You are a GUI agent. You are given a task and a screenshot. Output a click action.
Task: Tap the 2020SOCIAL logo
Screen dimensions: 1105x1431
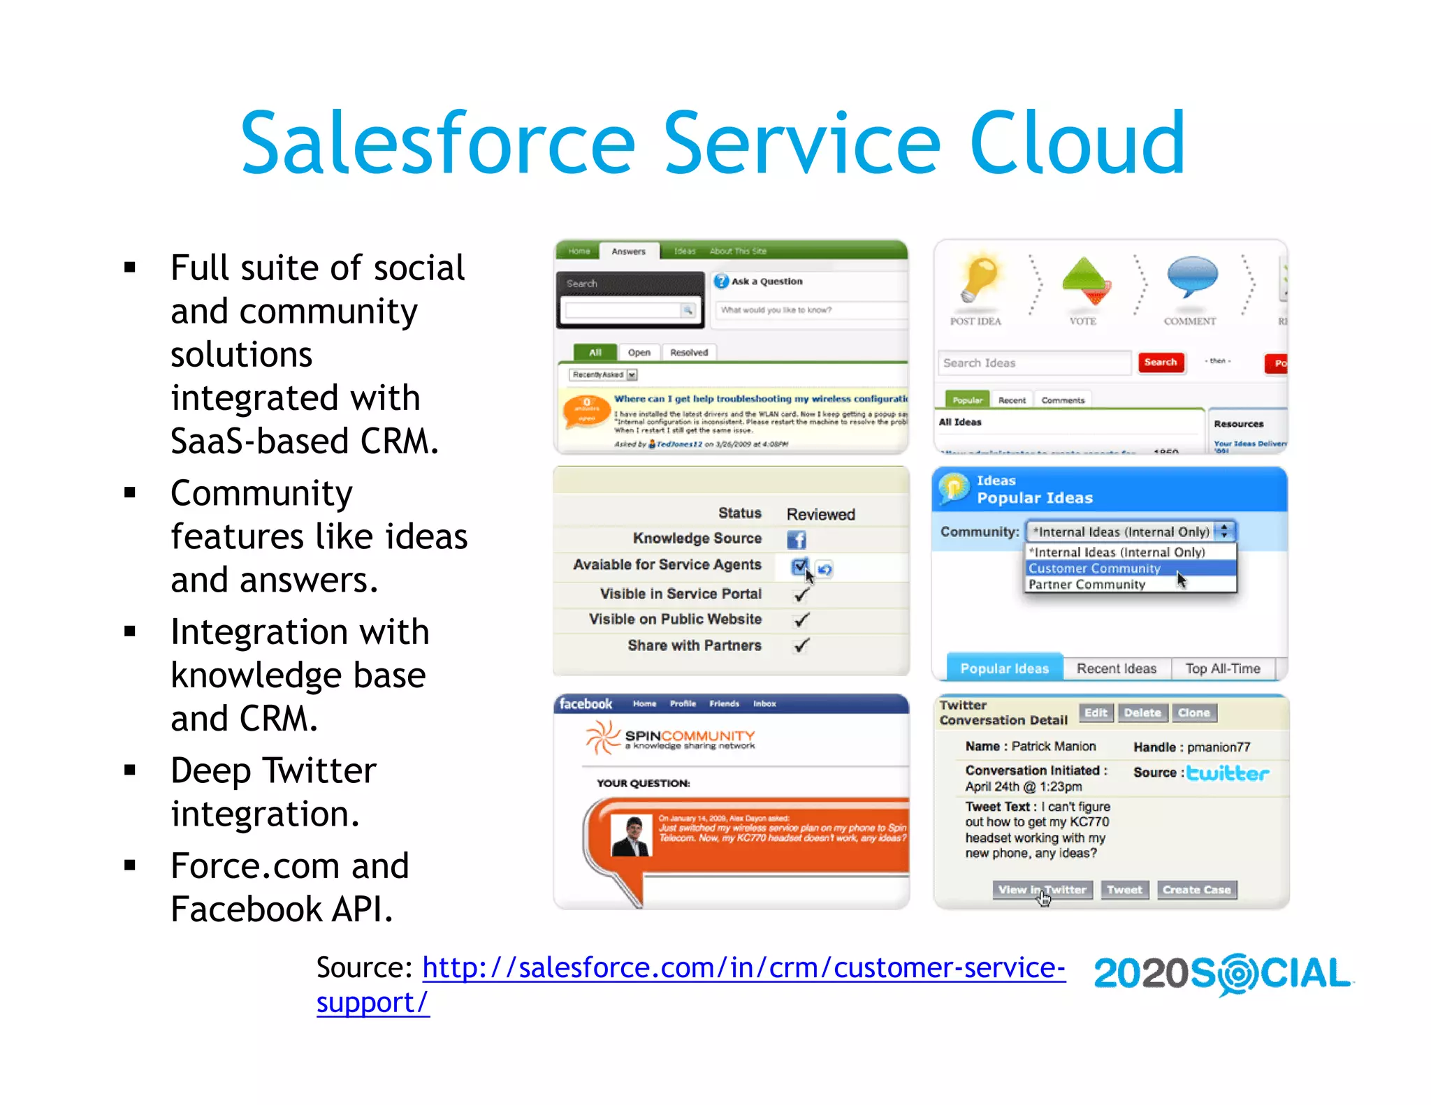(1222, 974)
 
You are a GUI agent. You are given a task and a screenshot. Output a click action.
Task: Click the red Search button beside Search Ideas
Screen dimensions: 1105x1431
(1160, 362)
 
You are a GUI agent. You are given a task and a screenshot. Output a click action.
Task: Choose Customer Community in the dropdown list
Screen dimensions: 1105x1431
(1094, 569)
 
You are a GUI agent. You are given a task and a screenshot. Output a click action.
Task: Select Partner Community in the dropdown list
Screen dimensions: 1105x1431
(1087, 585)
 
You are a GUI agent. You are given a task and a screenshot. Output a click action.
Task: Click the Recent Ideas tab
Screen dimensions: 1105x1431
(1116, 668)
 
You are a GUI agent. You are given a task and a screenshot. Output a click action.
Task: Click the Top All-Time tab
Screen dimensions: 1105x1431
(1222, 668)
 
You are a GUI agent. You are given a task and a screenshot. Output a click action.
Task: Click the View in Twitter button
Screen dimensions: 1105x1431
(1042, 890)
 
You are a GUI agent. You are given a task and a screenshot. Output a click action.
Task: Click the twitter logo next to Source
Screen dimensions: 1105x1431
(1228, 773)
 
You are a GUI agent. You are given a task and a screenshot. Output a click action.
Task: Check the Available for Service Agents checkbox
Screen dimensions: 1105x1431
(799, 566)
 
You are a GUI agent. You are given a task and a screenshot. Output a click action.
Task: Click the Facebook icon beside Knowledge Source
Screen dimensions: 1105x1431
(796, 539)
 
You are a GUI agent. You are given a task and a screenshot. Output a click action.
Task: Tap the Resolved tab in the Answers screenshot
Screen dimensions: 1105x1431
(688, 353)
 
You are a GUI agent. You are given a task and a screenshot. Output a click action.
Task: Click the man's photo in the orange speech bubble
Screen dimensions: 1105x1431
(630, 835)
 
